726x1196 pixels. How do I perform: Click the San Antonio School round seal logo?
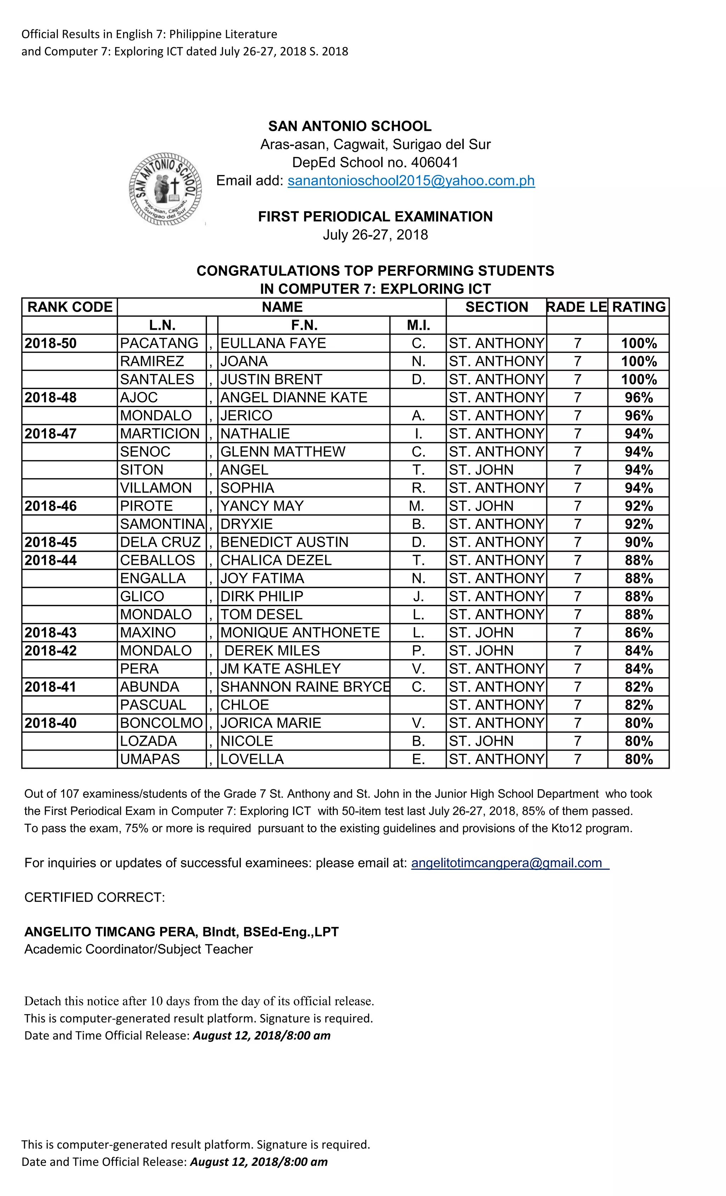pos(166,189)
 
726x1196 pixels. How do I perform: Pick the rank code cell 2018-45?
pos(51,542)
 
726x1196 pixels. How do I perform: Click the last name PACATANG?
pos(159,343)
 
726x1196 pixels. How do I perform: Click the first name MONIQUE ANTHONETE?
pos(300,633)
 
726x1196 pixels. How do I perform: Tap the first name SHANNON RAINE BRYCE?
pos(305,687)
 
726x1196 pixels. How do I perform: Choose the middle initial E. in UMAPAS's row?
pos(418,759)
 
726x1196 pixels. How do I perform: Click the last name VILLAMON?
pos(156,488)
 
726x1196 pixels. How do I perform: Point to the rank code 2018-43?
pos(51,633)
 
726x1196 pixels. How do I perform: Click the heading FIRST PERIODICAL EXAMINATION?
pos(375,217)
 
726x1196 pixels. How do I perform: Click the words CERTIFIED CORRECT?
pos(95,897)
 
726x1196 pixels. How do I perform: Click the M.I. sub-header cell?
pos(418,325)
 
